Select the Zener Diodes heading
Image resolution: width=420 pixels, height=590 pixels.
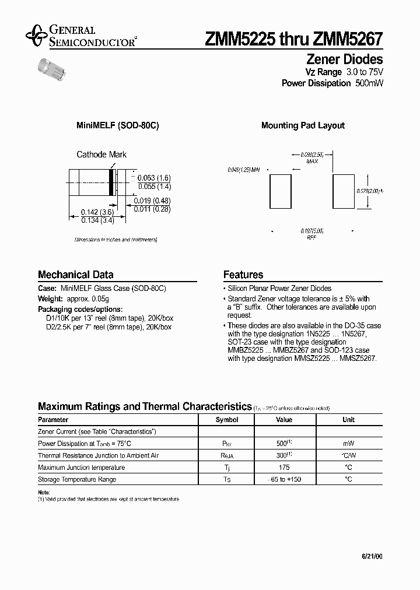(x=344, y=59)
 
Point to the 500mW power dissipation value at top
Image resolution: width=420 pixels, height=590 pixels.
(x=369, y=83)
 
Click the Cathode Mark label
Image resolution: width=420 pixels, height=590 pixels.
(x=101, y=154)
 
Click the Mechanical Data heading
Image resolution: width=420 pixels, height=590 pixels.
(x=75, y=275)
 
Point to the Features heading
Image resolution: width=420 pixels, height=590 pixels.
(x=243, y=275)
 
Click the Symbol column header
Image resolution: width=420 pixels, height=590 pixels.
(x=227, y=420)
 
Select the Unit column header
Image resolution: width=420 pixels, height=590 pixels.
(x=348, y=420)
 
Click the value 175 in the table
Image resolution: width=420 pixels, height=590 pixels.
(x=284, y=468)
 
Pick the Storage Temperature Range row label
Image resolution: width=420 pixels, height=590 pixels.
(x=77, y=479)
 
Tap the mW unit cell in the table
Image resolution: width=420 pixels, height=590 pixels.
(x=348, y=444)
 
